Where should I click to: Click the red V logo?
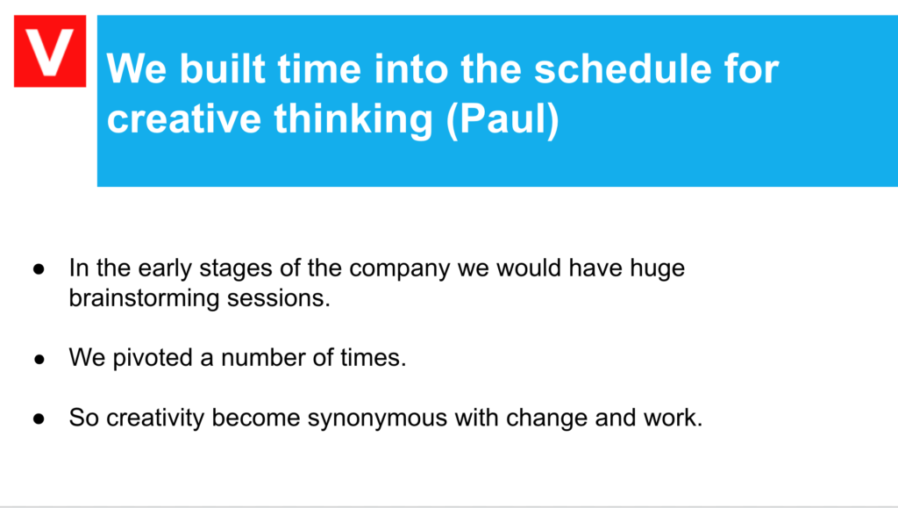point(50,51)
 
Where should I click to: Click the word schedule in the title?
point(624,69)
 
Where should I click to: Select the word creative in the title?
point(184,118)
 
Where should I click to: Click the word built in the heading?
point(223,69)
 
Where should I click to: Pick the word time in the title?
point(319,69)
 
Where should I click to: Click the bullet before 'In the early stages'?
point(39,268)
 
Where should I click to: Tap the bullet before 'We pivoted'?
point(39,359)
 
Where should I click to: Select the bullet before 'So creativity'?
point(39,419)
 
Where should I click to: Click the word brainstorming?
point(144,298)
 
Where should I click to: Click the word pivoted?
point(153,358)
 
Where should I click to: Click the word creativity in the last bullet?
point(155,419)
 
